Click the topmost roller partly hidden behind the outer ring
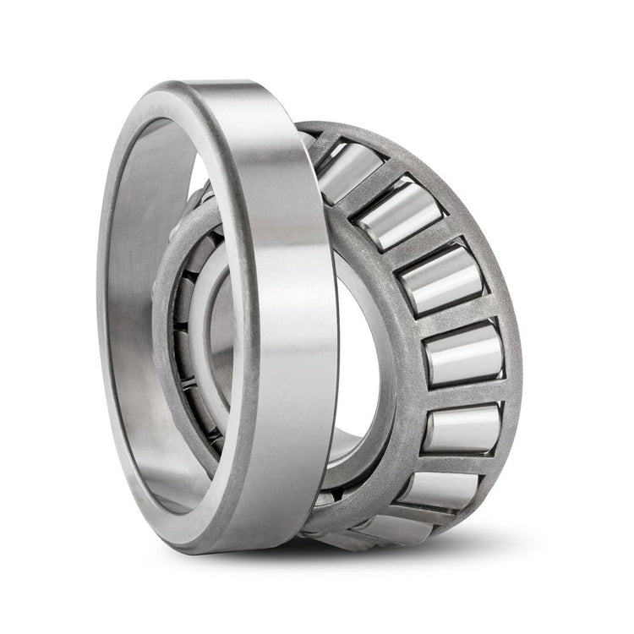tap(343, 169)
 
